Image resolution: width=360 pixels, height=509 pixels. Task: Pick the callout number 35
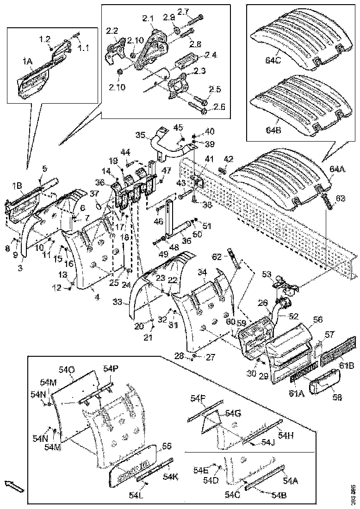tap(141, 135)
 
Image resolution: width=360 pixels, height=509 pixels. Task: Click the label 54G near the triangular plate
tap(233, 413)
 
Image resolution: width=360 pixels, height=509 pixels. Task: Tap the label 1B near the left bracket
tap(18, 186)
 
